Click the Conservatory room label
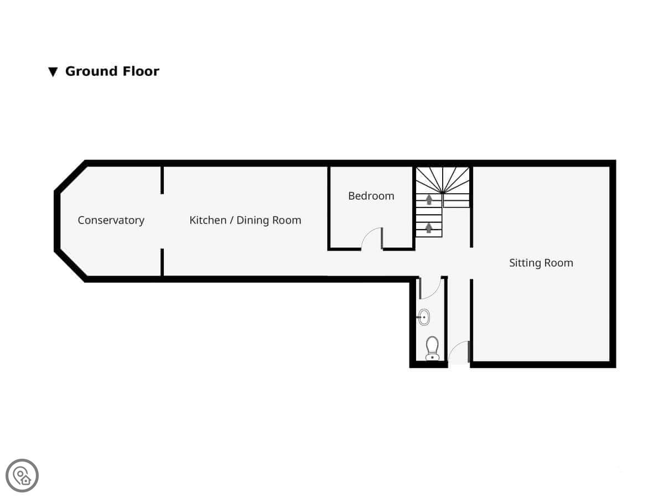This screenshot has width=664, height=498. coord(111,220)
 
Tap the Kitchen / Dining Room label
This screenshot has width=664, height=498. coord(245,220)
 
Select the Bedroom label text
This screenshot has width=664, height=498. coord(371,196)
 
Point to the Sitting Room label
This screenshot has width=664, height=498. coord(541,263)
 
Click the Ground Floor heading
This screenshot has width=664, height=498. coord(112,71)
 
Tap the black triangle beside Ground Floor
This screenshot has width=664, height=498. coord(53,72)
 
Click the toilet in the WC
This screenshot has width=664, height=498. coord(432,349)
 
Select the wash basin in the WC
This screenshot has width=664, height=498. coord(423,317)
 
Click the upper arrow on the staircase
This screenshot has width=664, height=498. coord(429,200)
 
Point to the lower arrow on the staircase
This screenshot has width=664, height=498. coord(429,228)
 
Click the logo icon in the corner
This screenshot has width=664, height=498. coord(22,476)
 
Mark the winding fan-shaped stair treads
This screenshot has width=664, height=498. coord(442,180)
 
